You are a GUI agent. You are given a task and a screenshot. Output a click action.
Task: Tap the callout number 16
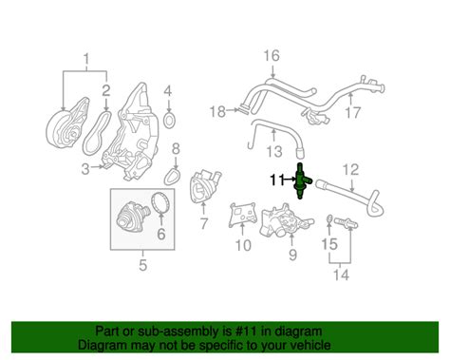click(272, 56)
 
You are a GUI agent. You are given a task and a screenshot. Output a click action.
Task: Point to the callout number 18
click(216, 111)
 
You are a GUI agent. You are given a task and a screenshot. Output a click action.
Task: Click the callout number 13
click(275, 151)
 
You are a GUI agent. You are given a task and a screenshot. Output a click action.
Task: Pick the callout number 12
click(350, 170)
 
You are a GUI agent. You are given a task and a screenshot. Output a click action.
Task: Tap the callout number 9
click(293, 255)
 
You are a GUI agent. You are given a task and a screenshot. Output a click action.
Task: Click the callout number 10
click(242, 246)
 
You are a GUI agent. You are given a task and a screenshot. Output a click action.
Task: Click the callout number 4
click(169, 92)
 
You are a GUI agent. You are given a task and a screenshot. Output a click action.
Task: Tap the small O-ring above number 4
click(169, 122)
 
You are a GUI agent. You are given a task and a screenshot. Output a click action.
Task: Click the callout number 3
click(85, 169)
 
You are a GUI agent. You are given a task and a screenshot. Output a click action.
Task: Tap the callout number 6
click(160, 232)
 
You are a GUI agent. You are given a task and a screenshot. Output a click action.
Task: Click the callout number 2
click(106, 92)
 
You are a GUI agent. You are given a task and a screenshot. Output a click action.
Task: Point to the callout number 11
click(276, 179)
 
